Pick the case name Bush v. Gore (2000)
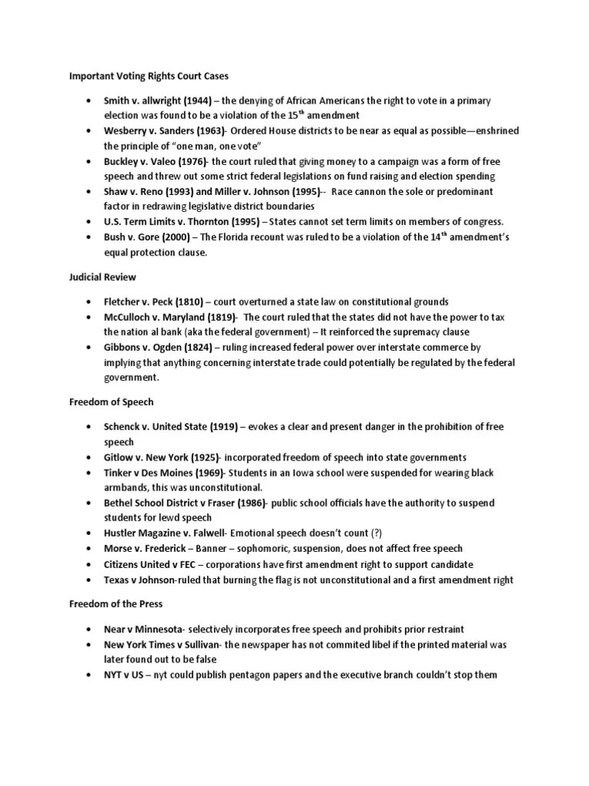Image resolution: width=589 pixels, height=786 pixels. click(x=146, y=236)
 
